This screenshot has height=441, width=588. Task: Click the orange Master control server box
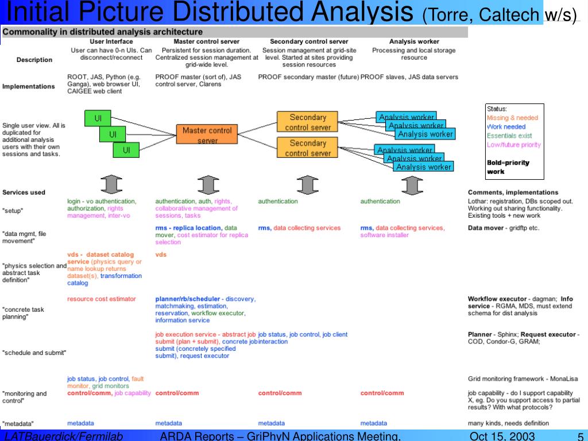point(207,135)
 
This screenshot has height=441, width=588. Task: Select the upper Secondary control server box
point(308,122)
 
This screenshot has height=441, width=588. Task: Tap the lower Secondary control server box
point(308,148)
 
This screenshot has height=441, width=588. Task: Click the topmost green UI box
point(98,118)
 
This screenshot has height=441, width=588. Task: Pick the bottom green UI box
point(126,150)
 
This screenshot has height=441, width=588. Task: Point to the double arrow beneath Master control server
point(207,184)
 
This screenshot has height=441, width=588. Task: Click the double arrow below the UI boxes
point(112,184)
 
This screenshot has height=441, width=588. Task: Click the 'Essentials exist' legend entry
point(509,136)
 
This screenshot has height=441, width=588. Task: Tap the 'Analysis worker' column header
point(414,41)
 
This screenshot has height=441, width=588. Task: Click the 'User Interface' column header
point(111,41)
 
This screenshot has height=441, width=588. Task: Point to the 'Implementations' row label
point(29,87)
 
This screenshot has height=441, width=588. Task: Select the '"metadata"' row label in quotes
point(18,424)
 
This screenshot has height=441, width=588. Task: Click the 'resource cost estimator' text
point(102,299)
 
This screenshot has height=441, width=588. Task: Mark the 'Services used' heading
point(24,192)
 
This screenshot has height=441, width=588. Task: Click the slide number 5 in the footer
point(580,436)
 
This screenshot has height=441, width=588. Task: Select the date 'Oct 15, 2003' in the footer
point(502,436)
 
